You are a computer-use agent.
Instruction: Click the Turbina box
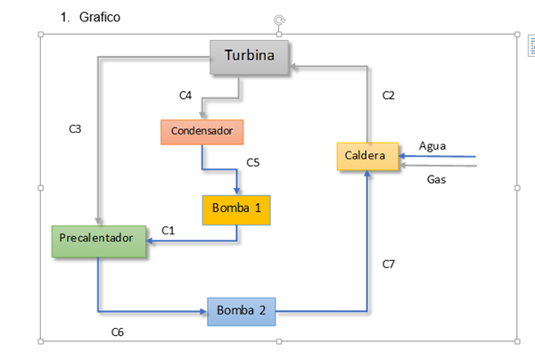pos(251,57)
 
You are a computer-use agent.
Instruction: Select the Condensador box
pos(202,131)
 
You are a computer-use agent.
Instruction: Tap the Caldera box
pos(366,156)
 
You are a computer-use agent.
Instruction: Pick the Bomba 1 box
pos(236,209)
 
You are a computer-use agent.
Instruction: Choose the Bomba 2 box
pos(242,311)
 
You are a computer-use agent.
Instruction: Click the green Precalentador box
pos(97,238)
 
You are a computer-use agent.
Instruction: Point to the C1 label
pos(169,230)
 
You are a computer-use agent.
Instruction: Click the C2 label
pos(389,95)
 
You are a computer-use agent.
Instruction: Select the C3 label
pos(76,128)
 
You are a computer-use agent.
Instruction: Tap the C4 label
pos(185,95)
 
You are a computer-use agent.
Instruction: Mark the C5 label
pos(253,162)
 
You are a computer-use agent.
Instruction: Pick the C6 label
pos(117,331)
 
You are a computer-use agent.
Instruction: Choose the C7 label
pos(389,264)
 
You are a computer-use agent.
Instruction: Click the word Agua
pos(432,145)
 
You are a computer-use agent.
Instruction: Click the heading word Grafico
pos(98,17)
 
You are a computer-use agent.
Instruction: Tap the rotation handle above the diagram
pos(279,20)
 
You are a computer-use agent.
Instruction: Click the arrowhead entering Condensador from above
pos(202,116)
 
